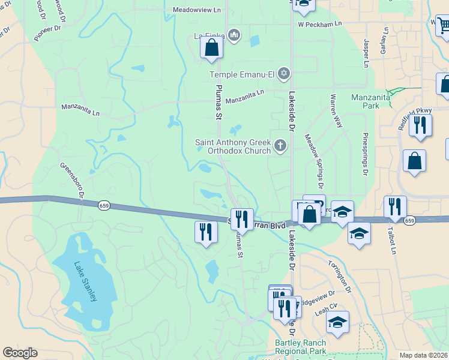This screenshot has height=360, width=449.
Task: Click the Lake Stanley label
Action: (x=85, y=282)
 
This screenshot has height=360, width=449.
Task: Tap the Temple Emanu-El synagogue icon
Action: (x=284, y=74)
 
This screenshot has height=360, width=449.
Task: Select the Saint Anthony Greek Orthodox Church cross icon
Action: (x=280, y=146)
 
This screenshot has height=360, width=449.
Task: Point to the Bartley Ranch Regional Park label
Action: (x=300, y=347)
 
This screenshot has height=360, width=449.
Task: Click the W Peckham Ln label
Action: (x=320, y=24)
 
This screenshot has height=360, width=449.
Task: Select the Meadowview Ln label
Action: (x=197, y=10)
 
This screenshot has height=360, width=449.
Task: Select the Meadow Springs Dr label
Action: (x=317, y=158)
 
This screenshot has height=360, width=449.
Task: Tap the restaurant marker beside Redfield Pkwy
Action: (x=420, y=125)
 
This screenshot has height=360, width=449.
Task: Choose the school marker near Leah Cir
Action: (x=337, y=322)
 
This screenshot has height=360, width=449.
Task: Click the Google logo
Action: (x=20, y=353)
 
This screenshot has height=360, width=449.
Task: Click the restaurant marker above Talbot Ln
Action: (x=395, y=207)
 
